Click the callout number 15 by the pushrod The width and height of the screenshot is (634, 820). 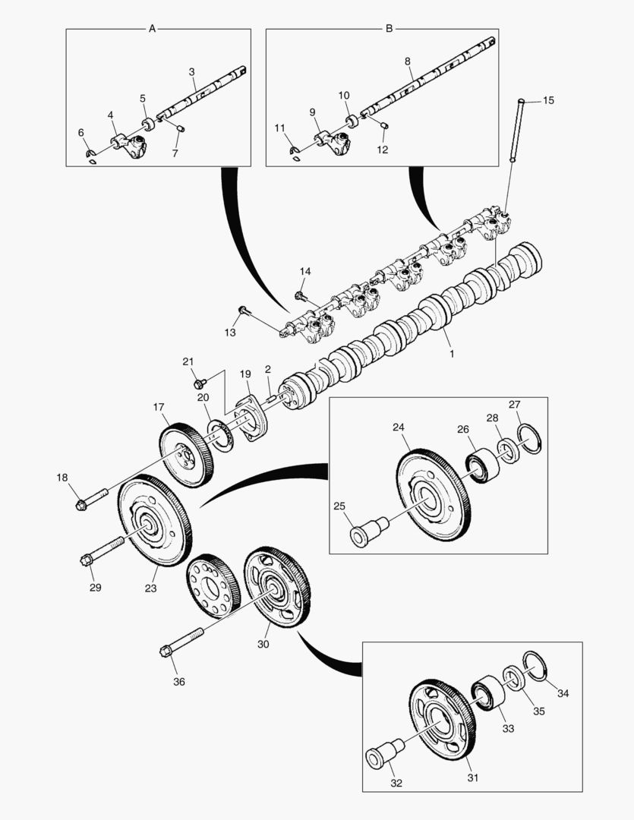[x=548, y=101]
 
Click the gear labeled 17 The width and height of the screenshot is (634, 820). [x=185, y=454]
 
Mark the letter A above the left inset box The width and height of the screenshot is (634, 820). [x=152, y=29]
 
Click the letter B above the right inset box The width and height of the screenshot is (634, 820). [x=389, y=29]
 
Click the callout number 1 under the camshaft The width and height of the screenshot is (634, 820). [x=451, y=354]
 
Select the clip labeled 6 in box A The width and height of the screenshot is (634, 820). [x=90, y=157]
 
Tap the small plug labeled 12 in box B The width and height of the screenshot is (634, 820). [x=383, y=126]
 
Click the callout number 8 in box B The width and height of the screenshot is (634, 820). [x=407, y=60]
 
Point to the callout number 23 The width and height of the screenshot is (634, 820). [x=150, y=588]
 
